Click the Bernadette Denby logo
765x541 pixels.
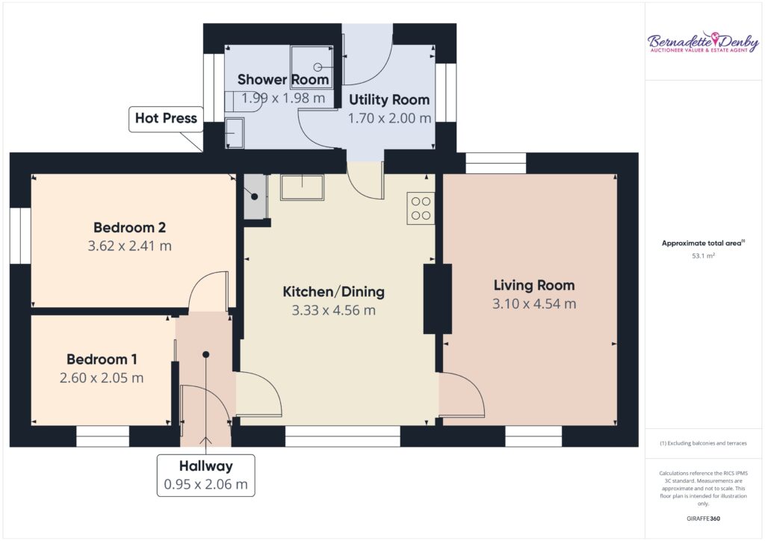click(x=702, y=43)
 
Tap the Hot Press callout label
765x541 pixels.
click(x=166, y=119)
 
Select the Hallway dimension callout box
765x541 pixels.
click(x=206, y=475)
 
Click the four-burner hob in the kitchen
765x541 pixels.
click(x=421, y=208)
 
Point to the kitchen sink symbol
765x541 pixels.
click(x=302, y=188)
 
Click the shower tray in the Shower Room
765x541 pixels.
click(x=312, y=67)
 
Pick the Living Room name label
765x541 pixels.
click(x=534, y=285)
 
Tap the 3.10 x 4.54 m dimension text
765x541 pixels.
click(x=534, y=304)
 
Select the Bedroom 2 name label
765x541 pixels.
click(x=130, y=227)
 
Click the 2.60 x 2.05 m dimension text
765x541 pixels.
click(x=102, y=378)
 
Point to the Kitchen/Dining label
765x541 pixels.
click(x=334, y=291)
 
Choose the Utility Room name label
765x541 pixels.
click(x=389, y=99)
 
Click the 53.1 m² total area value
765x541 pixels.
click(x=703, y=256)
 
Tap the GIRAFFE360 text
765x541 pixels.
click(x=703, y=519)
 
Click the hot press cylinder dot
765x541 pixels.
click(x=255, y=197)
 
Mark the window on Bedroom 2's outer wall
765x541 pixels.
click(x=20, y=236)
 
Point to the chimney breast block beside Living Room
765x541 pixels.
click(x=437, y=299)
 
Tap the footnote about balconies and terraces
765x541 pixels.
click(x=703, y=443)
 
